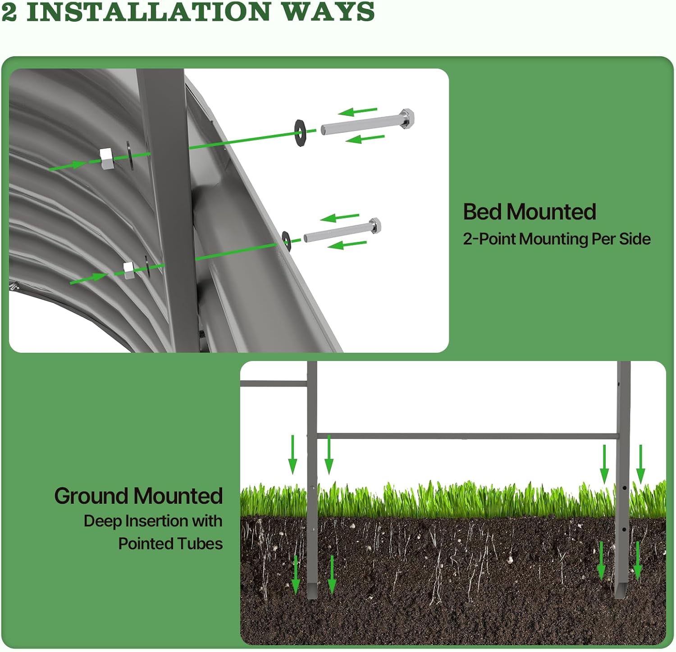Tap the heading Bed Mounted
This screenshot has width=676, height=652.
click(530, 212)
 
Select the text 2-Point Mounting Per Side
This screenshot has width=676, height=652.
click(557, 239)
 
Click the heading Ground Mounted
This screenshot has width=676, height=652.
click(138, 496)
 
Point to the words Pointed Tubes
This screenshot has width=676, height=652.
click(170, 543)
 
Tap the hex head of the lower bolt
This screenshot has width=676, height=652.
click(375, 225)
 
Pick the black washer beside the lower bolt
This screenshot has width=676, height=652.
click(286, 239)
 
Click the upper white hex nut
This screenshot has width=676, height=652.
click(106, 159)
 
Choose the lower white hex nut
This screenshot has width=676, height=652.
click(129, 270)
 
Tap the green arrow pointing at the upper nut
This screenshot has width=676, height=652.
click(68, 166)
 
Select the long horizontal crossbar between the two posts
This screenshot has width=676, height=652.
click(466, 436)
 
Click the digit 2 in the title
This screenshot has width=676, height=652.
click(9, 12)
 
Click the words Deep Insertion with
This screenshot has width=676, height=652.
click(153, 521)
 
